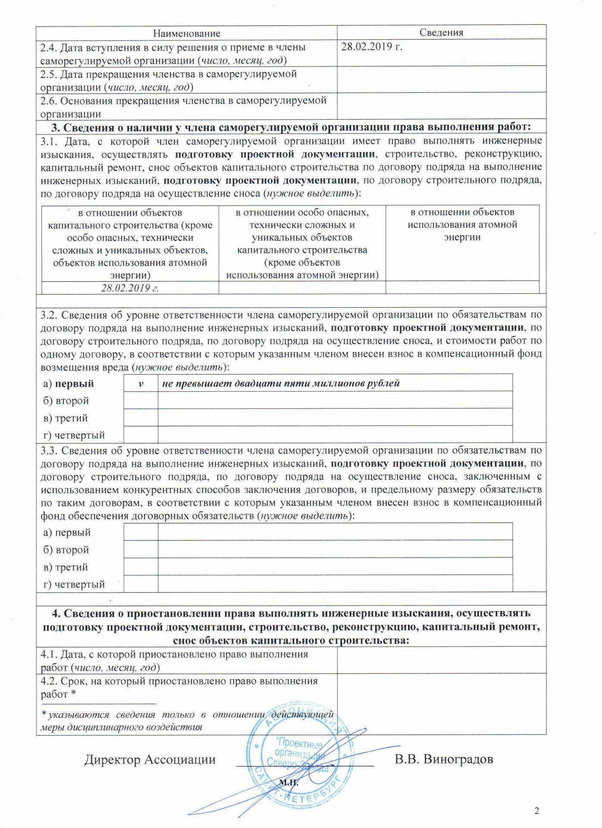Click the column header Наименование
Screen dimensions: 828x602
tap(187, 33)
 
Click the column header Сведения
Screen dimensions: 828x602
tap(441, 33)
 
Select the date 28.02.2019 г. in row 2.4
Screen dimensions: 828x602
tap(372, 47)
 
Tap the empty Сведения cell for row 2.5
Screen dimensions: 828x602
tap(441, 79)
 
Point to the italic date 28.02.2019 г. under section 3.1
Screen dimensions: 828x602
tap(130, 288)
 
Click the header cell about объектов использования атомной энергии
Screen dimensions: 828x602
tap(462, 225)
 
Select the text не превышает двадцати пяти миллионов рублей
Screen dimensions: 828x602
tap(281, 383)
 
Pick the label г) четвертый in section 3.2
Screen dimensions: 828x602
tap(74, 435)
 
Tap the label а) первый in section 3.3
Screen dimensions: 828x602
tap(67, 533)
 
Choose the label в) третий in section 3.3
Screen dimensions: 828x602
tap(66, 567)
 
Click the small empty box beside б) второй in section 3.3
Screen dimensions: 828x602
tap(141, 549)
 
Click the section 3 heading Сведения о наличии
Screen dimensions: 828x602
tap(291, 127)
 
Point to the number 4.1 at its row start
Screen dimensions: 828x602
tap(48, 654)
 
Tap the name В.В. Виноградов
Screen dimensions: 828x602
tap(444, 759)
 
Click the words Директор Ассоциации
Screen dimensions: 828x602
tap(150, 759)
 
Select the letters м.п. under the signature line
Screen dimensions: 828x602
tap(289, 782)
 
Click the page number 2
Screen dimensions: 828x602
tap(536, 811)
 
